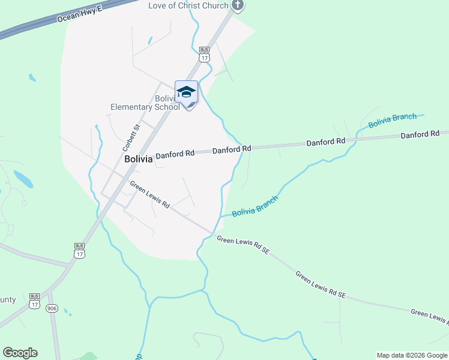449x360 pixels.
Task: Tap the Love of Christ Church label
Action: click(x=188, y=6)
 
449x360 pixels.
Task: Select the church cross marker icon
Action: click(x=238, y=6)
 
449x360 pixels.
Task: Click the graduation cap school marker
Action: click(x=186, y=92)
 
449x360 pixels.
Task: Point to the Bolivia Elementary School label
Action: click(x=145, y=103)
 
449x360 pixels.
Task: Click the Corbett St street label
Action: click(x=131, y=137)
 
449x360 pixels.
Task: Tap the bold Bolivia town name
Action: click(x=138, y=160)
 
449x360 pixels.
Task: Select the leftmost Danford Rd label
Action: click(x=175, y=154)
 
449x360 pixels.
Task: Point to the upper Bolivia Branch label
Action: click(x=393, y=121)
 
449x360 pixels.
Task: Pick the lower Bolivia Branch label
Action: click(x=255, y=206)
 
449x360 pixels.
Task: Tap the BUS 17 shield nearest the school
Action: click(x=205, y=55)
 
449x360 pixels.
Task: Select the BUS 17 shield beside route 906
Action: click(x=34, y=301)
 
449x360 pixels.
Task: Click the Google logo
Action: click(x=20, y=353)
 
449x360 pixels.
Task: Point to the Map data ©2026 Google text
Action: click(x=412, y=355)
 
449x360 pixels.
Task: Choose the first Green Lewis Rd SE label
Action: click(x=243, y=245)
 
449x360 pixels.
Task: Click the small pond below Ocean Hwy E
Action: click(x=31, y=78)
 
